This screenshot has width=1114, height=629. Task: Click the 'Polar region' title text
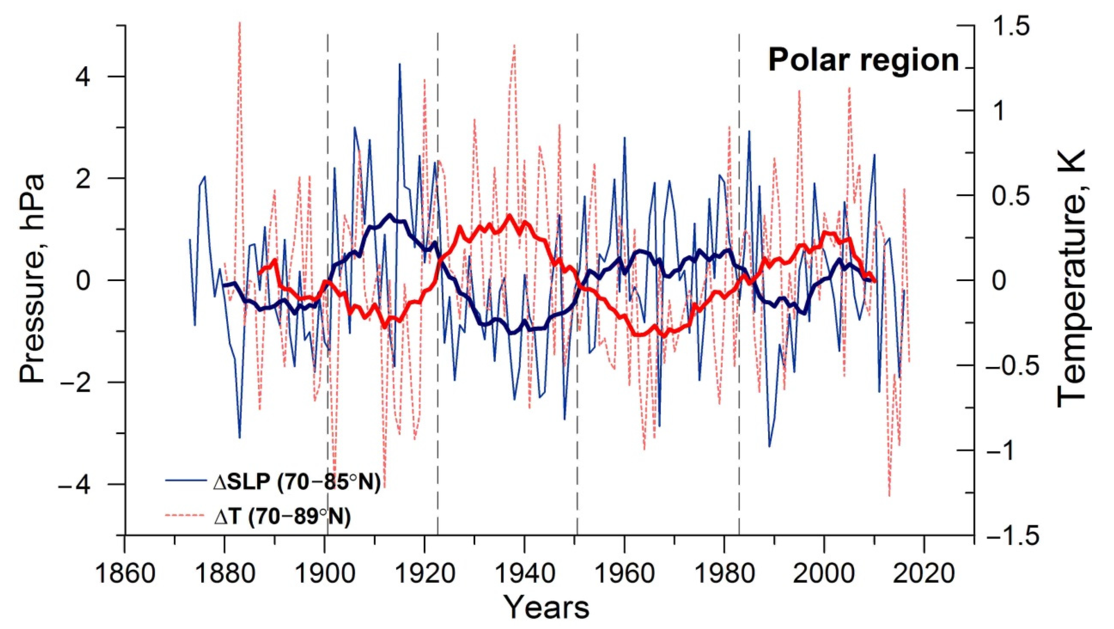tap(863, 60)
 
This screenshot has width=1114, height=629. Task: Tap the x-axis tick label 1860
tap(125, 575)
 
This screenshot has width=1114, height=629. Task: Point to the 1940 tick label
tap(524, 575)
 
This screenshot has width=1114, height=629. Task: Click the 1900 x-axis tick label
tap(324, 575)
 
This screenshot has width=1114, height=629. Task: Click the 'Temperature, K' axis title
tap(1071, 279)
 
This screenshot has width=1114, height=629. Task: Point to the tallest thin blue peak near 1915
tap(399, 65)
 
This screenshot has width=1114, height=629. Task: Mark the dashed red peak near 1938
tap(514, 45)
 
